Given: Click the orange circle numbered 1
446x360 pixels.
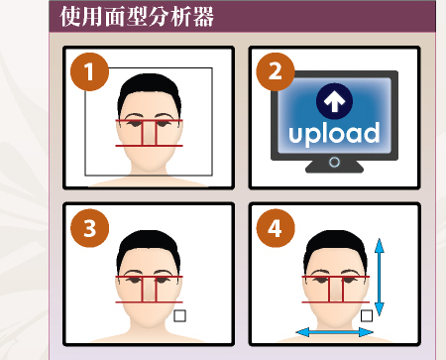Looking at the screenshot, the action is point(89,71).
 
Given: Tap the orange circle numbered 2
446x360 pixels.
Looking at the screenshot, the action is point(276,71).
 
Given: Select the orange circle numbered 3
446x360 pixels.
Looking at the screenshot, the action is point(89,228).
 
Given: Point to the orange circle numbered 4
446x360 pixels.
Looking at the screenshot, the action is point(276,228).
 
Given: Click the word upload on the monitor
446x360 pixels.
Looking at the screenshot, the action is point(334,134).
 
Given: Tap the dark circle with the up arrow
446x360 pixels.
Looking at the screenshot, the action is point(334,101).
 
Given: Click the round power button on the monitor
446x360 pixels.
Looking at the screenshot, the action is point(334,163).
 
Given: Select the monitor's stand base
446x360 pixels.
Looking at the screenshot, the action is point(334,167).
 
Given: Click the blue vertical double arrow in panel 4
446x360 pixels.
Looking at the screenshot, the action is point(380,277).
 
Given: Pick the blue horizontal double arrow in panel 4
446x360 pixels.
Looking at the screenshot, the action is point(334,332).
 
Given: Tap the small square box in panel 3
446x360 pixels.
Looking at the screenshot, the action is point(179,315).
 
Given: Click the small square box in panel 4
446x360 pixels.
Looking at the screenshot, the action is point(367,315).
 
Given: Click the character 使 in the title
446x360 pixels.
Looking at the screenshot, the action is point(70,17).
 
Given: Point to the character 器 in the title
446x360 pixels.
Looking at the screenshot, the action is point(203,17).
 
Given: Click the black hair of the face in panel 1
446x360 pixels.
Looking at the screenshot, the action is point(150,86).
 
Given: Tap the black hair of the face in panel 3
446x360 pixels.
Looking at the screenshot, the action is point(149,243).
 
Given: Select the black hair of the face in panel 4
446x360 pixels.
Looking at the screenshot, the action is point(335,243).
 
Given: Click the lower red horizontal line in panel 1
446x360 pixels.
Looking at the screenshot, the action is point(149,146).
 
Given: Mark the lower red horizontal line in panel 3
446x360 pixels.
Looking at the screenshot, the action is point(149,302).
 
